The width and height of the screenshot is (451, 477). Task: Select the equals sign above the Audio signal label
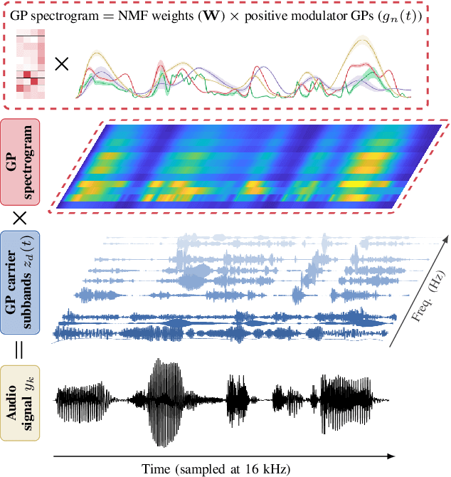click(21, 350)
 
